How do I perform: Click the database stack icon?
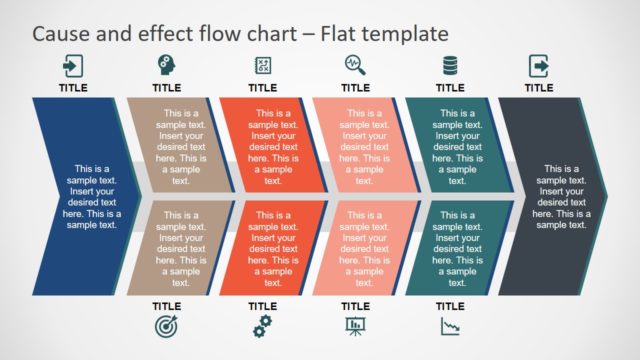[x=450, y=66]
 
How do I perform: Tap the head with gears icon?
[x=166, y=66]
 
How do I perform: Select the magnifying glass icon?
[x=355, y=66]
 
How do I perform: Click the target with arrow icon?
[x=166, y=325]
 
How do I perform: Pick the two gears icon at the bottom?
[x=262, y=325]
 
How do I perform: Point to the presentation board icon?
[x=355, y=325]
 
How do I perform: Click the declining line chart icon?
[x=450, y=325]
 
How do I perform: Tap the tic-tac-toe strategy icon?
[x=262, y=66]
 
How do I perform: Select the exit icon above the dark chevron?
[x=539, y=66]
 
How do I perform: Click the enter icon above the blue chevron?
[x=73, y=66]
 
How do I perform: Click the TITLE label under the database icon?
[x=450, y=88]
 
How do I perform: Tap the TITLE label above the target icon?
[x=166, y=306]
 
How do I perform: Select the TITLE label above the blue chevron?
[x=73, y=88]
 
